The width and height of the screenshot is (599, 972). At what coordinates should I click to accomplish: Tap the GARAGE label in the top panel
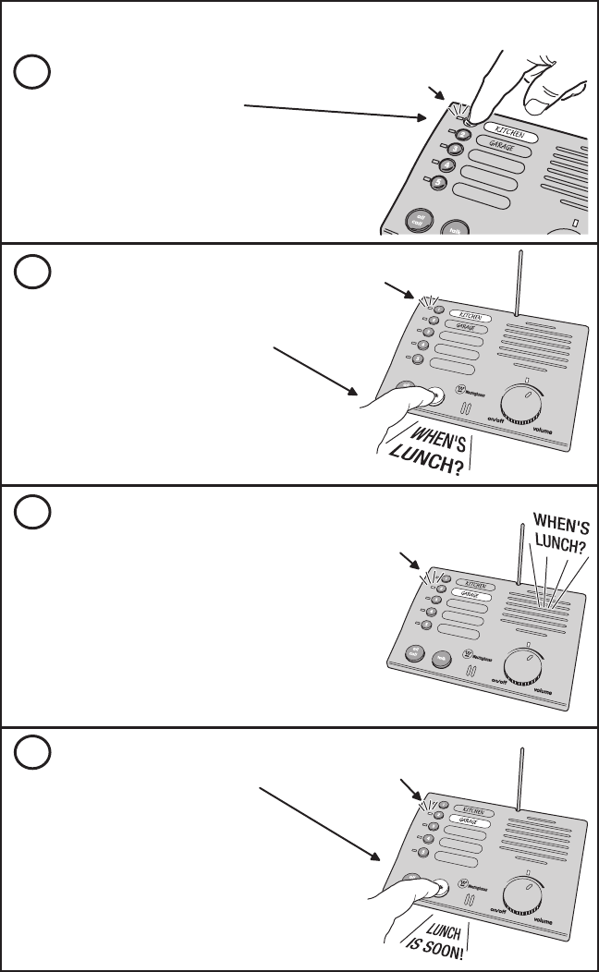pos(502,147)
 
